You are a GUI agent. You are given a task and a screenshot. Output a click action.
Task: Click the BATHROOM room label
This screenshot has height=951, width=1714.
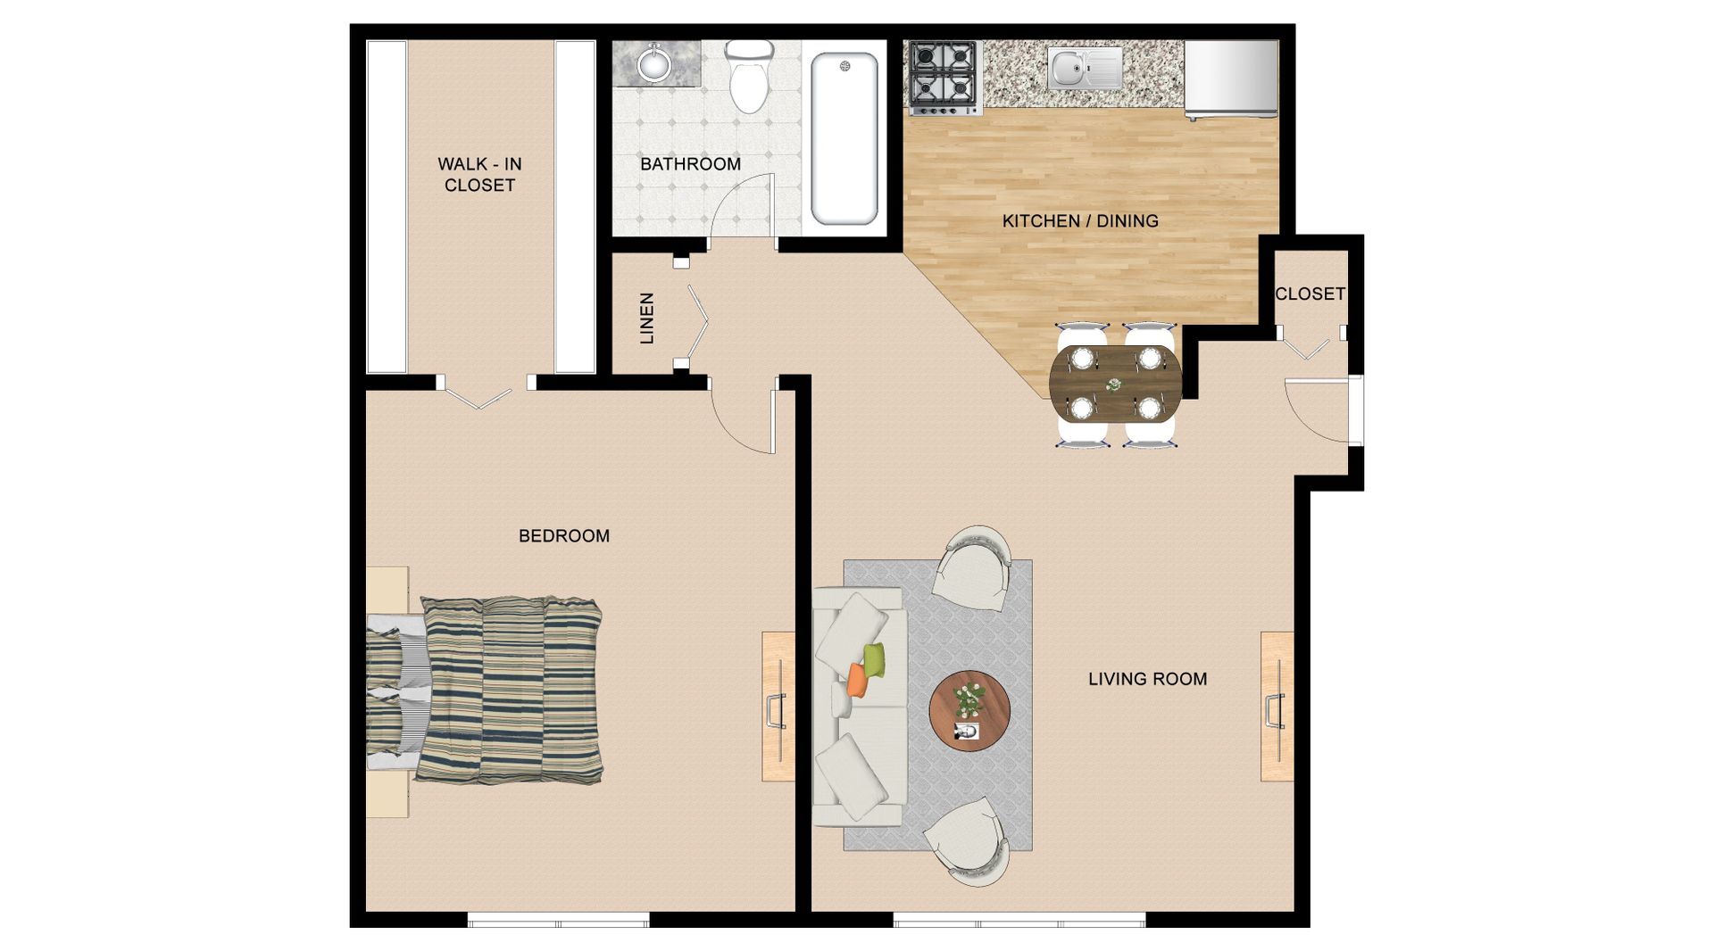690,164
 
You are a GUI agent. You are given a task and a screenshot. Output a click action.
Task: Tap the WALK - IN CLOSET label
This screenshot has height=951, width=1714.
479,175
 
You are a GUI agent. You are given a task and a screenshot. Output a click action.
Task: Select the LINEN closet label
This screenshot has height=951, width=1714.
648,318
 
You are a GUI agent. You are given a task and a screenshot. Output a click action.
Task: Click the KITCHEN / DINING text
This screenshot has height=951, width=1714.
1080,220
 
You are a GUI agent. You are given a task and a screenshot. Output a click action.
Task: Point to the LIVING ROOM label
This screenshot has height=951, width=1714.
1147,679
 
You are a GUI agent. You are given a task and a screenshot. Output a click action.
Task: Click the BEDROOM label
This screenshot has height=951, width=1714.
564,536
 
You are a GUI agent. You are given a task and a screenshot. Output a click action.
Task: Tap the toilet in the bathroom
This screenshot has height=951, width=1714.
749,78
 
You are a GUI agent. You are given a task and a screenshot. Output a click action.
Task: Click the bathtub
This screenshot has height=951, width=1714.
844,138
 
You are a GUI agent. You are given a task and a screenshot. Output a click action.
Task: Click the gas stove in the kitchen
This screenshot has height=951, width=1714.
944,77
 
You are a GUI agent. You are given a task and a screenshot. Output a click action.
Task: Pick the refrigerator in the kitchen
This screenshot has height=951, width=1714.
1231,79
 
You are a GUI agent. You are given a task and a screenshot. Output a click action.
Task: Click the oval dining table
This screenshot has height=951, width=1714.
1114,385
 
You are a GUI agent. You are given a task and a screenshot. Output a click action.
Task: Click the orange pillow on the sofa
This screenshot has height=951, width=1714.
857,680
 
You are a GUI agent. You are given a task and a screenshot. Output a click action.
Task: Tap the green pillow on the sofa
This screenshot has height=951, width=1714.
875,659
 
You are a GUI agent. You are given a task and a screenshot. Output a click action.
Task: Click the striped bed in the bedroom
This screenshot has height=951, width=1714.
509,691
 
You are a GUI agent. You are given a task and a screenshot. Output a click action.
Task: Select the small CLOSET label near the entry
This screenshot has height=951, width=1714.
1310,294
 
